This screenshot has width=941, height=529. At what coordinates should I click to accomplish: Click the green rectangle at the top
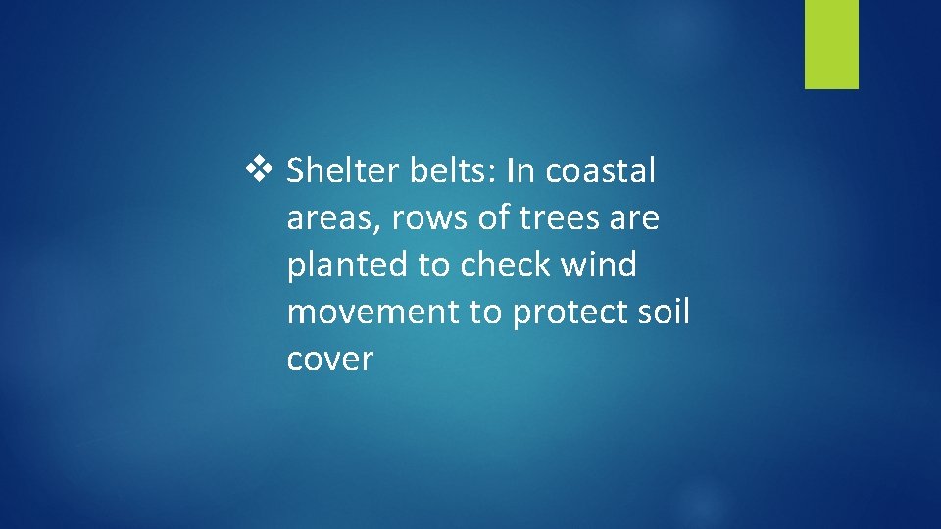click(x=831, y=43)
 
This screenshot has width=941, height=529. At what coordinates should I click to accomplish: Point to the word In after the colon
click(x=520, y=171)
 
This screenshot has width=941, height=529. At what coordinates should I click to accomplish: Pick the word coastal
click(x=601, y=171)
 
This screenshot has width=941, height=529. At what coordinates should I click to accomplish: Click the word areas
click(x=332, y=218)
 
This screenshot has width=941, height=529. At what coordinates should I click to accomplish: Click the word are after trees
click(x=635, y=218)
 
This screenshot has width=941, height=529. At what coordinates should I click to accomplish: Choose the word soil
click(x=666, y=313)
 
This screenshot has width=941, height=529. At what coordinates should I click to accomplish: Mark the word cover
click(x=330, y=360)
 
